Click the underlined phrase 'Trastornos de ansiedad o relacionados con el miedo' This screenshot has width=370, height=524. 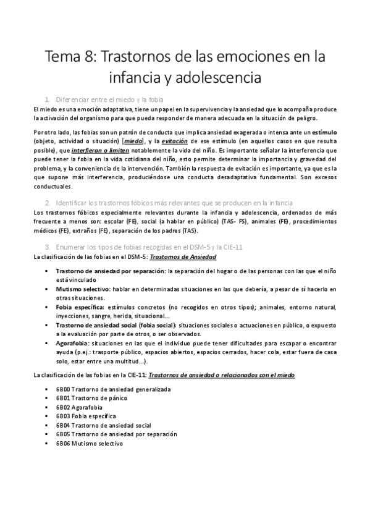[222, 374]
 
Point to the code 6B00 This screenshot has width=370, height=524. [63, 390]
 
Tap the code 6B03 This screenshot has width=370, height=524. [63, 416]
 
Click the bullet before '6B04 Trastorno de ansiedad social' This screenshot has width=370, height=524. [47, 426]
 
